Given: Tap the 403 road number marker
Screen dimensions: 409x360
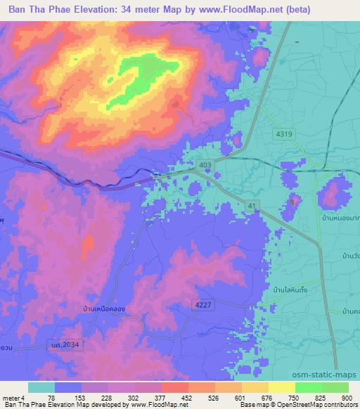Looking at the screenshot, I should point(205,164).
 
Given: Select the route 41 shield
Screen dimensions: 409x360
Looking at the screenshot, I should point(251,204).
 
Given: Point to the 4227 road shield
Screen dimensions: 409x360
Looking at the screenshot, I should point(203,304).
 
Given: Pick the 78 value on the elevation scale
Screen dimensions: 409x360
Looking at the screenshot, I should point(51,397).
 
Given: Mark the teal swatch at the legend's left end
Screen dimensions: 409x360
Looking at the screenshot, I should point(41,387).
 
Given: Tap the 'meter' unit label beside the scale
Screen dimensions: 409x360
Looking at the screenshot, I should point(10,397).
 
